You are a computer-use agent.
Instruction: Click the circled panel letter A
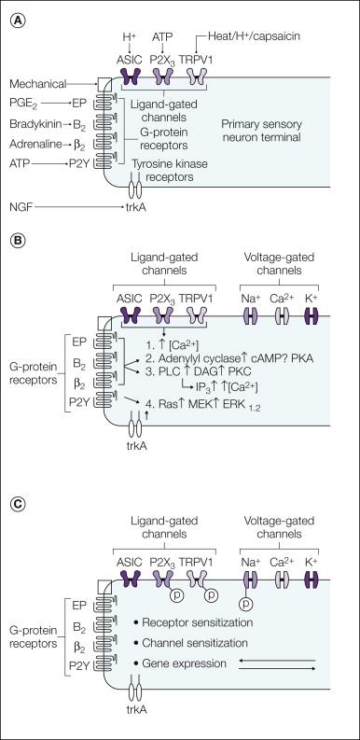click(x=17, y=16)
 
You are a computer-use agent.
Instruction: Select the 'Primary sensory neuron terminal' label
click(x=265, y=130)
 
